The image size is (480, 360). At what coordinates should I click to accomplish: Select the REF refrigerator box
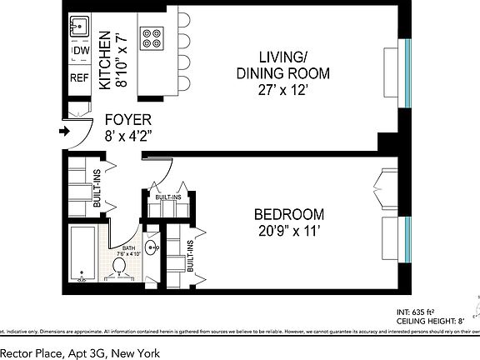79,77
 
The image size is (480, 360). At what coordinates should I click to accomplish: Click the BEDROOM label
288,213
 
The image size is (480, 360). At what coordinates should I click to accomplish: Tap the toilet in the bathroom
119,267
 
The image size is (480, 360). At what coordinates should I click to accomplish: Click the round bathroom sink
152,247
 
